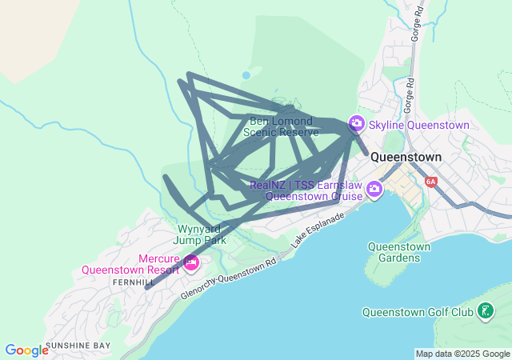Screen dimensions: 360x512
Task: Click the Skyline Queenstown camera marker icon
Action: [356, 124]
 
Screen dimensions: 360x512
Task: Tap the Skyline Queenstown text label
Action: [418, 125]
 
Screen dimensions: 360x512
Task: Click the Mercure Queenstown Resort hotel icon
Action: [191, 262]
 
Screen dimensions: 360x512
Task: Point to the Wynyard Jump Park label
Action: [202, 234]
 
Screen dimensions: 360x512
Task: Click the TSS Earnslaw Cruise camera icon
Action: [374, 189]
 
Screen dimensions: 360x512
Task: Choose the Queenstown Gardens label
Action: [398, 252]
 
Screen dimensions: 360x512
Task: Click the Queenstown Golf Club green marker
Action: [484, 311]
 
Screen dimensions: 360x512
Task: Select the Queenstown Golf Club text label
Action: [418, 312]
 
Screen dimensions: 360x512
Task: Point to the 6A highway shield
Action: [431, 182]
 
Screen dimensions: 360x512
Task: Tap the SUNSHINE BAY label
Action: [78, 346]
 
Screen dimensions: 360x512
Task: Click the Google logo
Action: [26, 350]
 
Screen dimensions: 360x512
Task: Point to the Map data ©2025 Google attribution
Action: [462, 354]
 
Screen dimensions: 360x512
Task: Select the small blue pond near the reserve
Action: [246, 74]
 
